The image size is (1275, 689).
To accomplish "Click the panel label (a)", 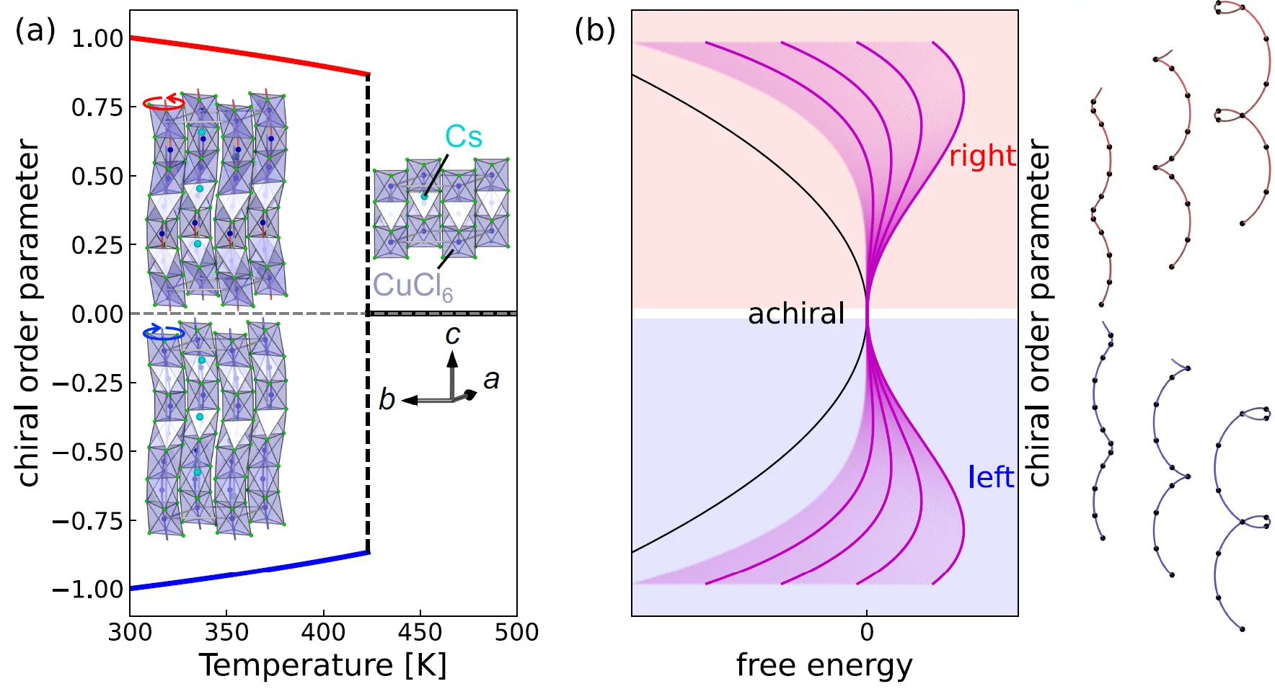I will tap(35, 31).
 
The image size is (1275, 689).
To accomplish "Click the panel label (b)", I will tap(594, 31).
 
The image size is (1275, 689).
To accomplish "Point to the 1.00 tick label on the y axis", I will tap(97, 38).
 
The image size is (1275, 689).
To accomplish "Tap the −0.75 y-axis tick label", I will tap(88, 521).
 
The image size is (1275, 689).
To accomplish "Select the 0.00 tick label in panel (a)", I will tap(97, 314).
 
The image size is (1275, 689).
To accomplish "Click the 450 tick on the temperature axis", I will tap(420, 632).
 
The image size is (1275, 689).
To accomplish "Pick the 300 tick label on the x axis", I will tap(130, 632).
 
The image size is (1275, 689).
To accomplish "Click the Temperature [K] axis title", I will tap(322, 664).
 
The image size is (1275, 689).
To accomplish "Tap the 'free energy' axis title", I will tap(824, 664).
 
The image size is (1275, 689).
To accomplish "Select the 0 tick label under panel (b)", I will tap(867, 632).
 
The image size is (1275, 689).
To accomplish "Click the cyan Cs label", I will tap(463, 137).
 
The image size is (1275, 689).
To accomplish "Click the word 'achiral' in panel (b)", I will tap(796, 314).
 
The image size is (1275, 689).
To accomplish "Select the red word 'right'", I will tap(982, 156).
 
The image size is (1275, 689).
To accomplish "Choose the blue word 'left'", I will tap(991, 477).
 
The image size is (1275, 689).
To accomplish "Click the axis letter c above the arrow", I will tap(452, 335).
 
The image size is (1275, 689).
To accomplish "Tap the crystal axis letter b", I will tap(387, 399).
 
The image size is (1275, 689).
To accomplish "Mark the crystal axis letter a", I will tap(491, 379).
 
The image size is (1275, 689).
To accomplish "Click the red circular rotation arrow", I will tap(164, 102).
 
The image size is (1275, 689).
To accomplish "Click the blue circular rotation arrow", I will tap(164, 332).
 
